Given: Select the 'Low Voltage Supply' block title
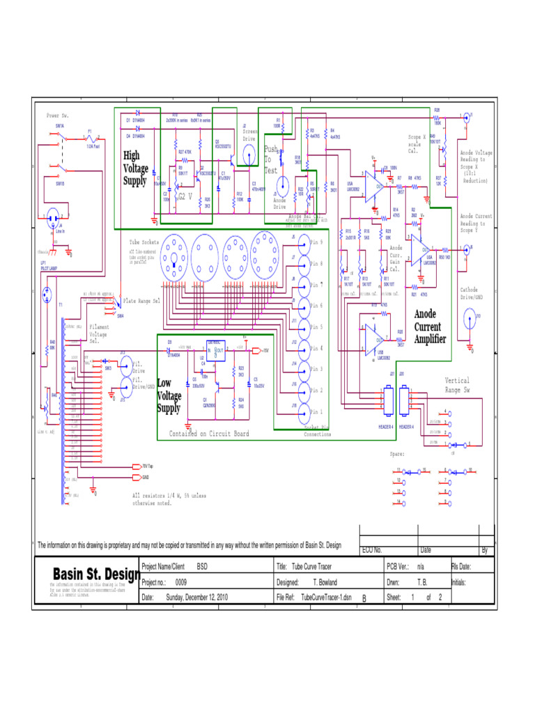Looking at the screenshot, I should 169,395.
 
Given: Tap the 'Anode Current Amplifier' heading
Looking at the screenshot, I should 430,326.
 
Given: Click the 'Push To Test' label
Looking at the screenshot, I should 271,159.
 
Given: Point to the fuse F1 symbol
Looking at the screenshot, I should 90,138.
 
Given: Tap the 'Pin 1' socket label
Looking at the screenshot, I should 316,412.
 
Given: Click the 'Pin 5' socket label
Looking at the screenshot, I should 316,327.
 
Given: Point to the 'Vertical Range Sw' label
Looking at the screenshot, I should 457,385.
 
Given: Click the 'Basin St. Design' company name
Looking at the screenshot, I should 96,574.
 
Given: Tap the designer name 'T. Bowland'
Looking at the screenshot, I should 325,581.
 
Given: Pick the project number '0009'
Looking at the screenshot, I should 180,581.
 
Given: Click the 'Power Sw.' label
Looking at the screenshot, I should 58,115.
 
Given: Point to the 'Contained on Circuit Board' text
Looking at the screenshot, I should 209,434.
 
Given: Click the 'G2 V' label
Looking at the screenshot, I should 185,196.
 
